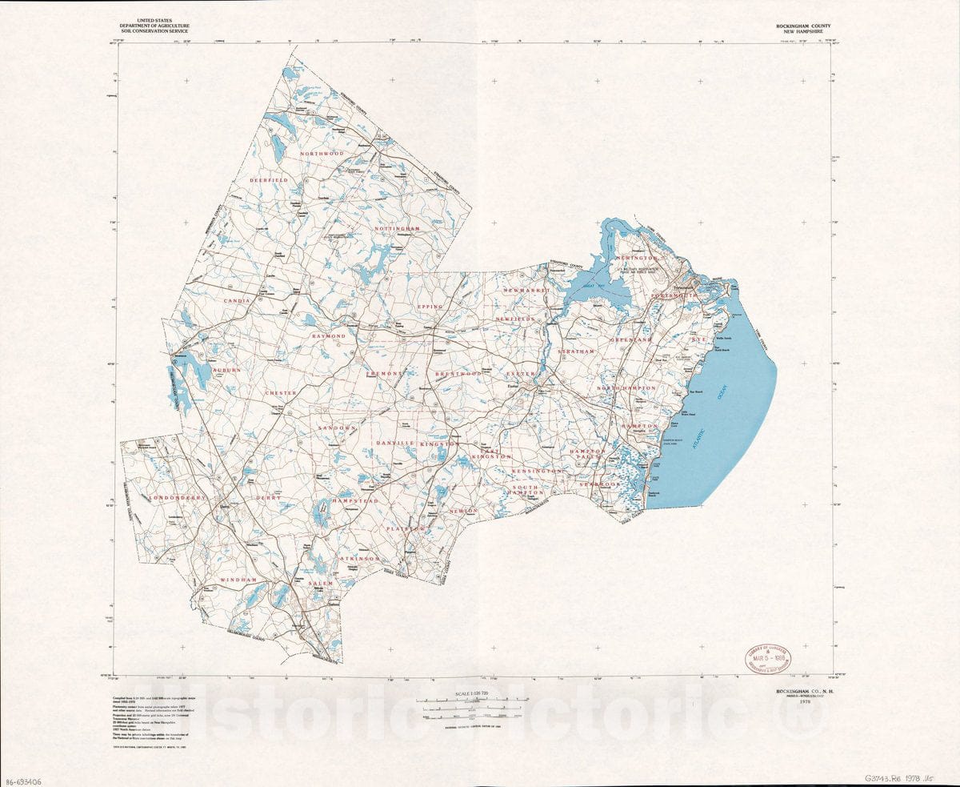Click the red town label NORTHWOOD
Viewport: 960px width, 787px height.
click(322, 153)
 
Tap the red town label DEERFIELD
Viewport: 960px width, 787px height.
click(268, 181)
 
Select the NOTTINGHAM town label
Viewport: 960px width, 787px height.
click(397, 229)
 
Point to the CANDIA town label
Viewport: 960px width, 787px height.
click(238, 300)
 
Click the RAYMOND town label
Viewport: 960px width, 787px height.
click(329, 336)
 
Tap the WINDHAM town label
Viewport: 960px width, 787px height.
click(238, 579)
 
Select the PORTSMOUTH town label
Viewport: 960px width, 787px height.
click(674, 296)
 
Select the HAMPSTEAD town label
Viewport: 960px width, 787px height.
click(355, 500)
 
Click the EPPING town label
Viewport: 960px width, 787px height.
click(430, 306)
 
